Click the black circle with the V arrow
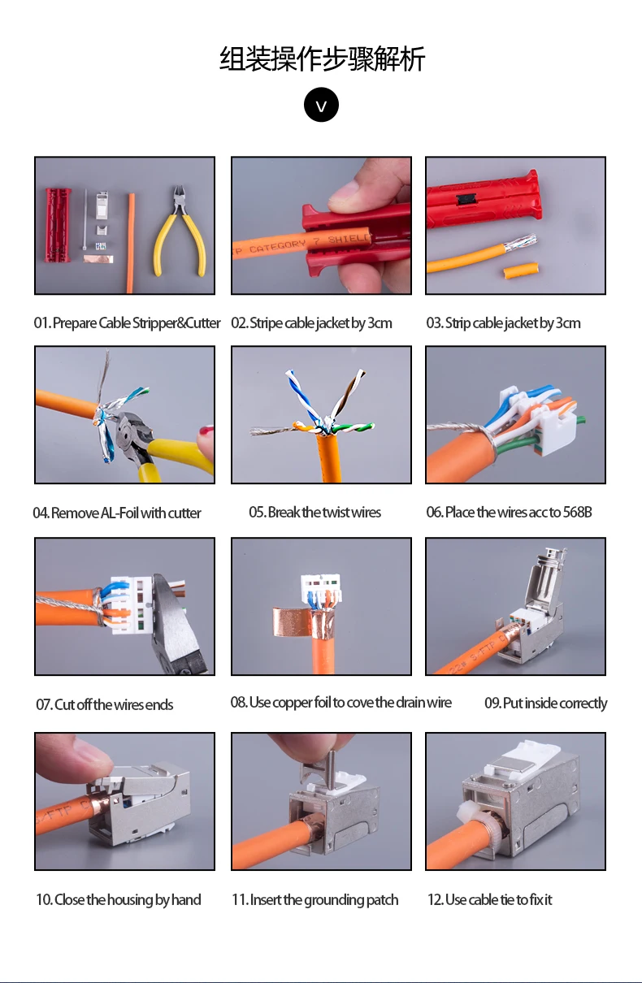(321, 105)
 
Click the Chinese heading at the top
(322, 58)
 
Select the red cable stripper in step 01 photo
(57, 225)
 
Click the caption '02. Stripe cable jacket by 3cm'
(311, 323)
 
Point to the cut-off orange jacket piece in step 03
(520, 271)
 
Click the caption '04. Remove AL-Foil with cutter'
(117, 513)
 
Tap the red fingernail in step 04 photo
(206, 430)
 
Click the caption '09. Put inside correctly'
(546, 703)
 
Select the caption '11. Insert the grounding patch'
(314, 899)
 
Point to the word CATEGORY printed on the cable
(278, 247)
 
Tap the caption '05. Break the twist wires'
(314, 512)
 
